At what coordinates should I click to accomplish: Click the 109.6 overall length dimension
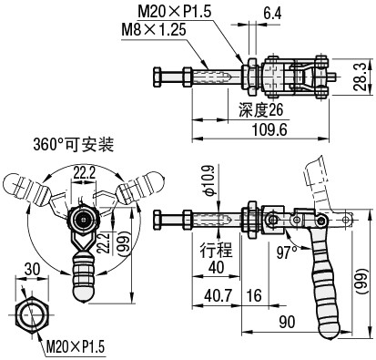(269, 130)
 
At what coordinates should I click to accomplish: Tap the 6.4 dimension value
(272, 14)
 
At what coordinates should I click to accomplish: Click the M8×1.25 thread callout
(154, 30)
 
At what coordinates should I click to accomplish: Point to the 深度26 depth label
(260, 110)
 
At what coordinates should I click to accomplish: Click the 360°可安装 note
(74, 145)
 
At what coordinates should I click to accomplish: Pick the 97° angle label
(287, 252)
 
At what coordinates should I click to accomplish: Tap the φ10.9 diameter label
(208, 180)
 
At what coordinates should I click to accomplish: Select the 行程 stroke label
(216, 250)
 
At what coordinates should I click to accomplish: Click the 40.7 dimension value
(218, 295)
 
